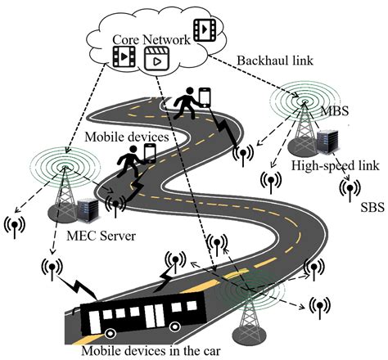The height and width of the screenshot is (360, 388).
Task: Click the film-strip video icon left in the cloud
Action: click(124, 56)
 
